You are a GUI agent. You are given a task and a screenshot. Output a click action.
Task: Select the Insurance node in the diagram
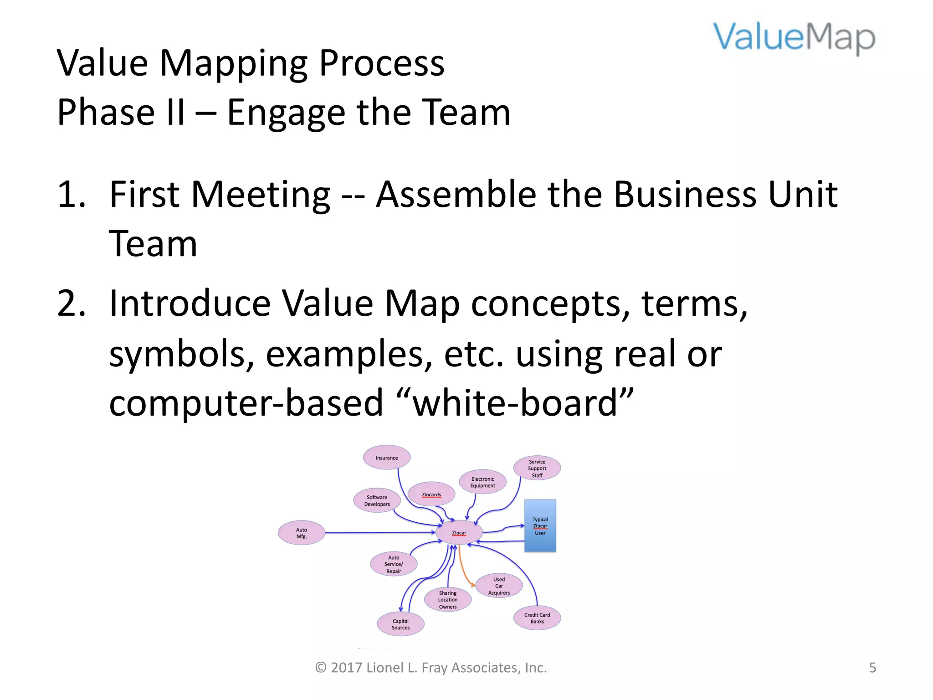(x=387, y=458)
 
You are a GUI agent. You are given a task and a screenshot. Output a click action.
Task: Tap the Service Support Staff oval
(x=537, y=468)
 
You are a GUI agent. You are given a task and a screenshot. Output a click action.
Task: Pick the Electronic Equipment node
(x=482, y=482)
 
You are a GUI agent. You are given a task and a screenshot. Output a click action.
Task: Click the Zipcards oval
(x=431, y=494)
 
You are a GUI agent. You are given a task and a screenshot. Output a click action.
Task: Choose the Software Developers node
(x=377, y=500)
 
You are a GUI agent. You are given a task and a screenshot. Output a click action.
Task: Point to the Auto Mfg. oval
(x=302, y=533)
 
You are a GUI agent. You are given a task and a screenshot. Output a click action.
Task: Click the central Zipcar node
(x=459, y=532)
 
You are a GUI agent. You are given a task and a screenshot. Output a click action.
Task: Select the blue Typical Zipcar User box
(x=540, y=526)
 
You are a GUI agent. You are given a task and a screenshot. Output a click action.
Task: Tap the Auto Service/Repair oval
(x=394, y=564)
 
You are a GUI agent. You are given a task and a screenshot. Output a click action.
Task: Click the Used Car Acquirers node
(x=499, y=586)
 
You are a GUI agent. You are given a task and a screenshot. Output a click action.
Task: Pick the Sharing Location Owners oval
(x=448, y=600)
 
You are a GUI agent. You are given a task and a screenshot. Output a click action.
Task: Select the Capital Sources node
(x=400, y=624)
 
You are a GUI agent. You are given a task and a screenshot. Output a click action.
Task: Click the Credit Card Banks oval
(x=537, y=618)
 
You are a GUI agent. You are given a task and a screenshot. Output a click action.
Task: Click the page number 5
(x=872, y=668)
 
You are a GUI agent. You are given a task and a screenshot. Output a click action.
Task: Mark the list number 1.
(x=71, y=195)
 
